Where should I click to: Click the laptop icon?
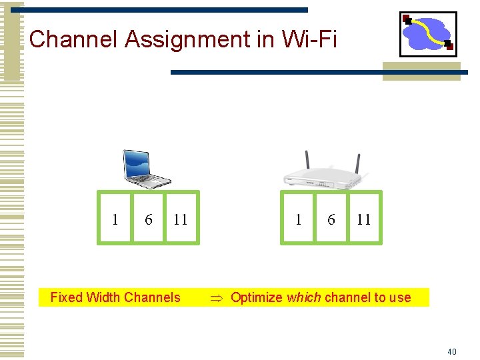[x=145, y=168]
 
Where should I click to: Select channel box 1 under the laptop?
[x=115, y=219]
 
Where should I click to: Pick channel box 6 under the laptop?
[x=148, y=219]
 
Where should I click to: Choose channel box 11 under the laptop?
[x=181, y=219]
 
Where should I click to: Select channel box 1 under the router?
[x=297, y=219]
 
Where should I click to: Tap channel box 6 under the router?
[x=331, y=219]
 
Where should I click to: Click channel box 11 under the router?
[x=364, y=219]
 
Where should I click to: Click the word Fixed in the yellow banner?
[x=65, y=297]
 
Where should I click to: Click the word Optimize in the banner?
[x=256, y=297]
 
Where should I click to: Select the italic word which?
[x=304, y=297]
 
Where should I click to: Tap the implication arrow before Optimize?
[x=216, y=298]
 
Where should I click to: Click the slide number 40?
[x=452, y=351]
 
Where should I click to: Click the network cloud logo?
[x=428, y=34]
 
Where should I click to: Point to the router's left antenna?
[x=307, y=161]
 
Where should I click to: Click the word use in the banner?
[x=400, y=297]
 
